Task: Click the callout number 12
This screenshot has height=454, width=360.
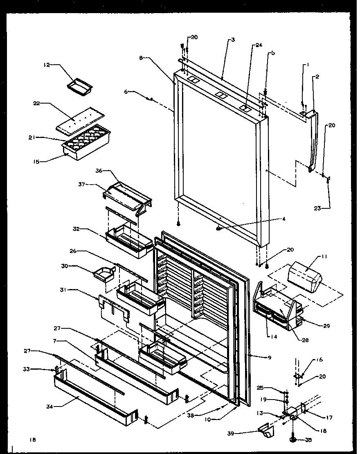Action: [x=47, y=64]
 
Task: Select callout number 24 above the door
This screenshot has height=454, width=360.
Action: [x=248, y=46]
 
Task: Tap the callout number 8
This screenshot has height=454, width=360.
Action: [x=141, y=58]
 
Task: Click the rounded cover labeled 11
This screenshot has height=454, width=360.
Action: [x=305, y=279]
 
